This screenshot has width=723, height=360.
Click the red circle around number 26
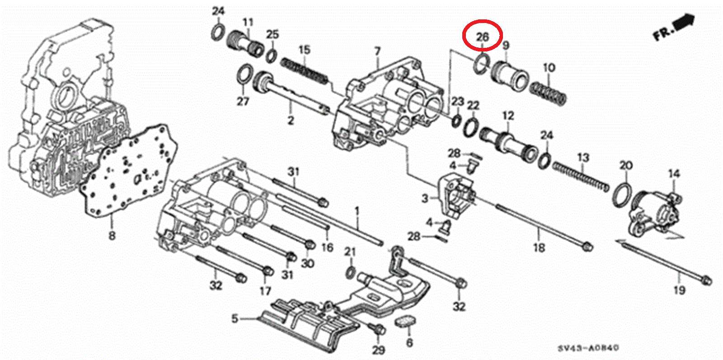(483, 35)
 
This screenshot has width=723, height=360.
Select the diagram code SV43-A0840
(588, 348)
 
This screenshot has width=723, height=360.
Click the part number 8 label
(112, 236)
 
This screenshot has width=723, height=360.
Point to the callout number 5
(235, 319)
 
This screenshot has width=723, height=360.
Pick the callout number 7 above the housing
(377, 52)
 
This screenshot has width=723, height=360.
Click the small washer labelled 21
(349, 272)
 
